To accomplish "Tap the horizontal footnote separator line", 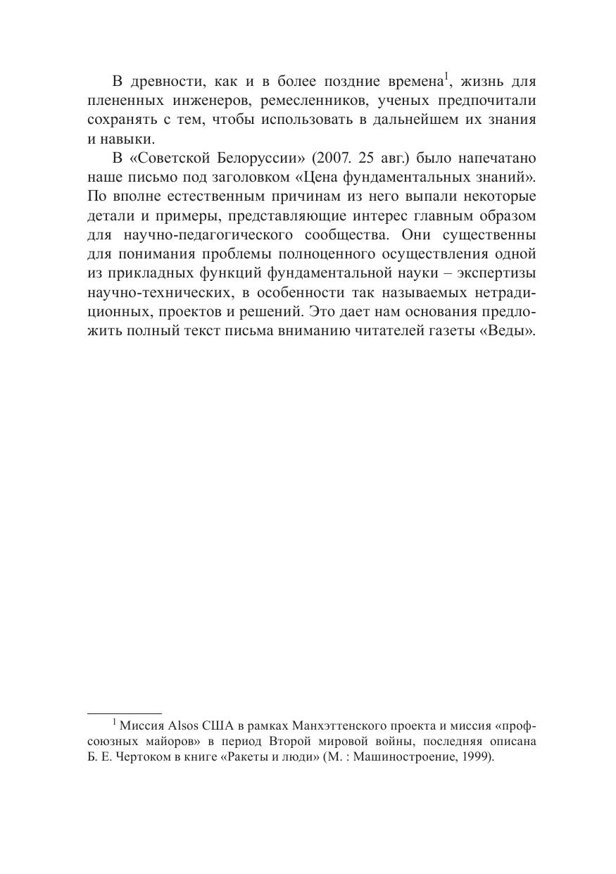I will [x=124, y=713].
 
